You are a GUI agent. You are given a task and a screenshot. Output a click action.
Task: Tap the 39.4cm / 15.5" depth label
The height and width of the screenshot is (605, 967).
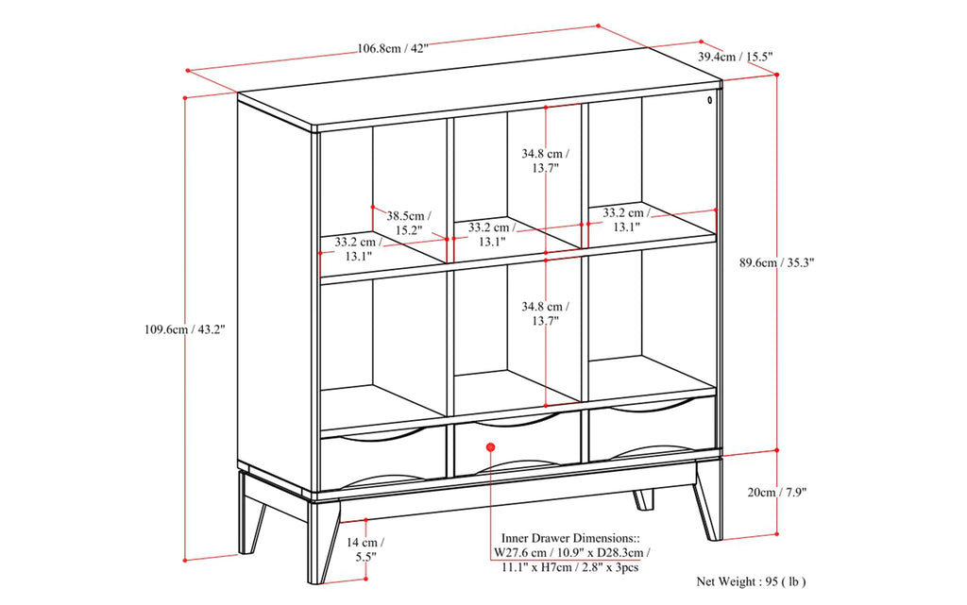(x=736, y=57)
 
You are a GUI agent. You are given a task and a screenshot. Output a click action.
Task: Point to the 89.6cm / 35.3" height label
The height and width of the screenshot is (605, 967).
(x=777, y=263)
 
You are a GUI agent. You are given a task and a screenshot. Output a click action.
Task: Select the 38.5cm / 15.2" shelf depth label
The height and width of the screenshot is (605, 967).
(x=409, y=222)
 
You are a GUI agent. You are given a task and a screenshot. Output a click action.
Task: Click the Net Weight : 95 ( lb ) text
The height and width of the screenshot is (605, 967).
(x=751, y=582)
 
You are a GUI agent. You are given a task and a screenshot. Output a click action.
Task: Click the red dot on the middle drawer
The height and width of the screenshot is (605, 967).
(x=490, y=446)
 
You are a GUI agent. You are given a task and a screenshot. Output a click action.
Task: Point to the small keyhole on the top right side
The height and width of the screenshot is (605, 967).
(x=709, y=99)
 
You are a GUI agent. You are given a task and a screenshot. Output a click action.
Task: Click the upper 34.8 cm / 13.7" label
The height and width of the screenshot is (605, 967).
(x=547, y=160)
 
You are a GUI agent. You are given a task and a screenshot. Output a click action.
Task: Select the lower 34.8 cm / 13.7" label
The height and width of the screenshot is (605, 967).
(x=547, y=313)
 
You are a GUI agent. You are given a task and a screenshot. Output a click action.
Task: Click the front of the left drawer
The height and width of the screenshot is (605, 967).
(x=382, y=460)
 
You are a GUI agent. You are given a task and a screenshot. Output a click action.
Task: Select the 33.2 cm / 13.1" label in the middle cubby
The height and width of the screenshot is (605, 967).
(x=493, y=234)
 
